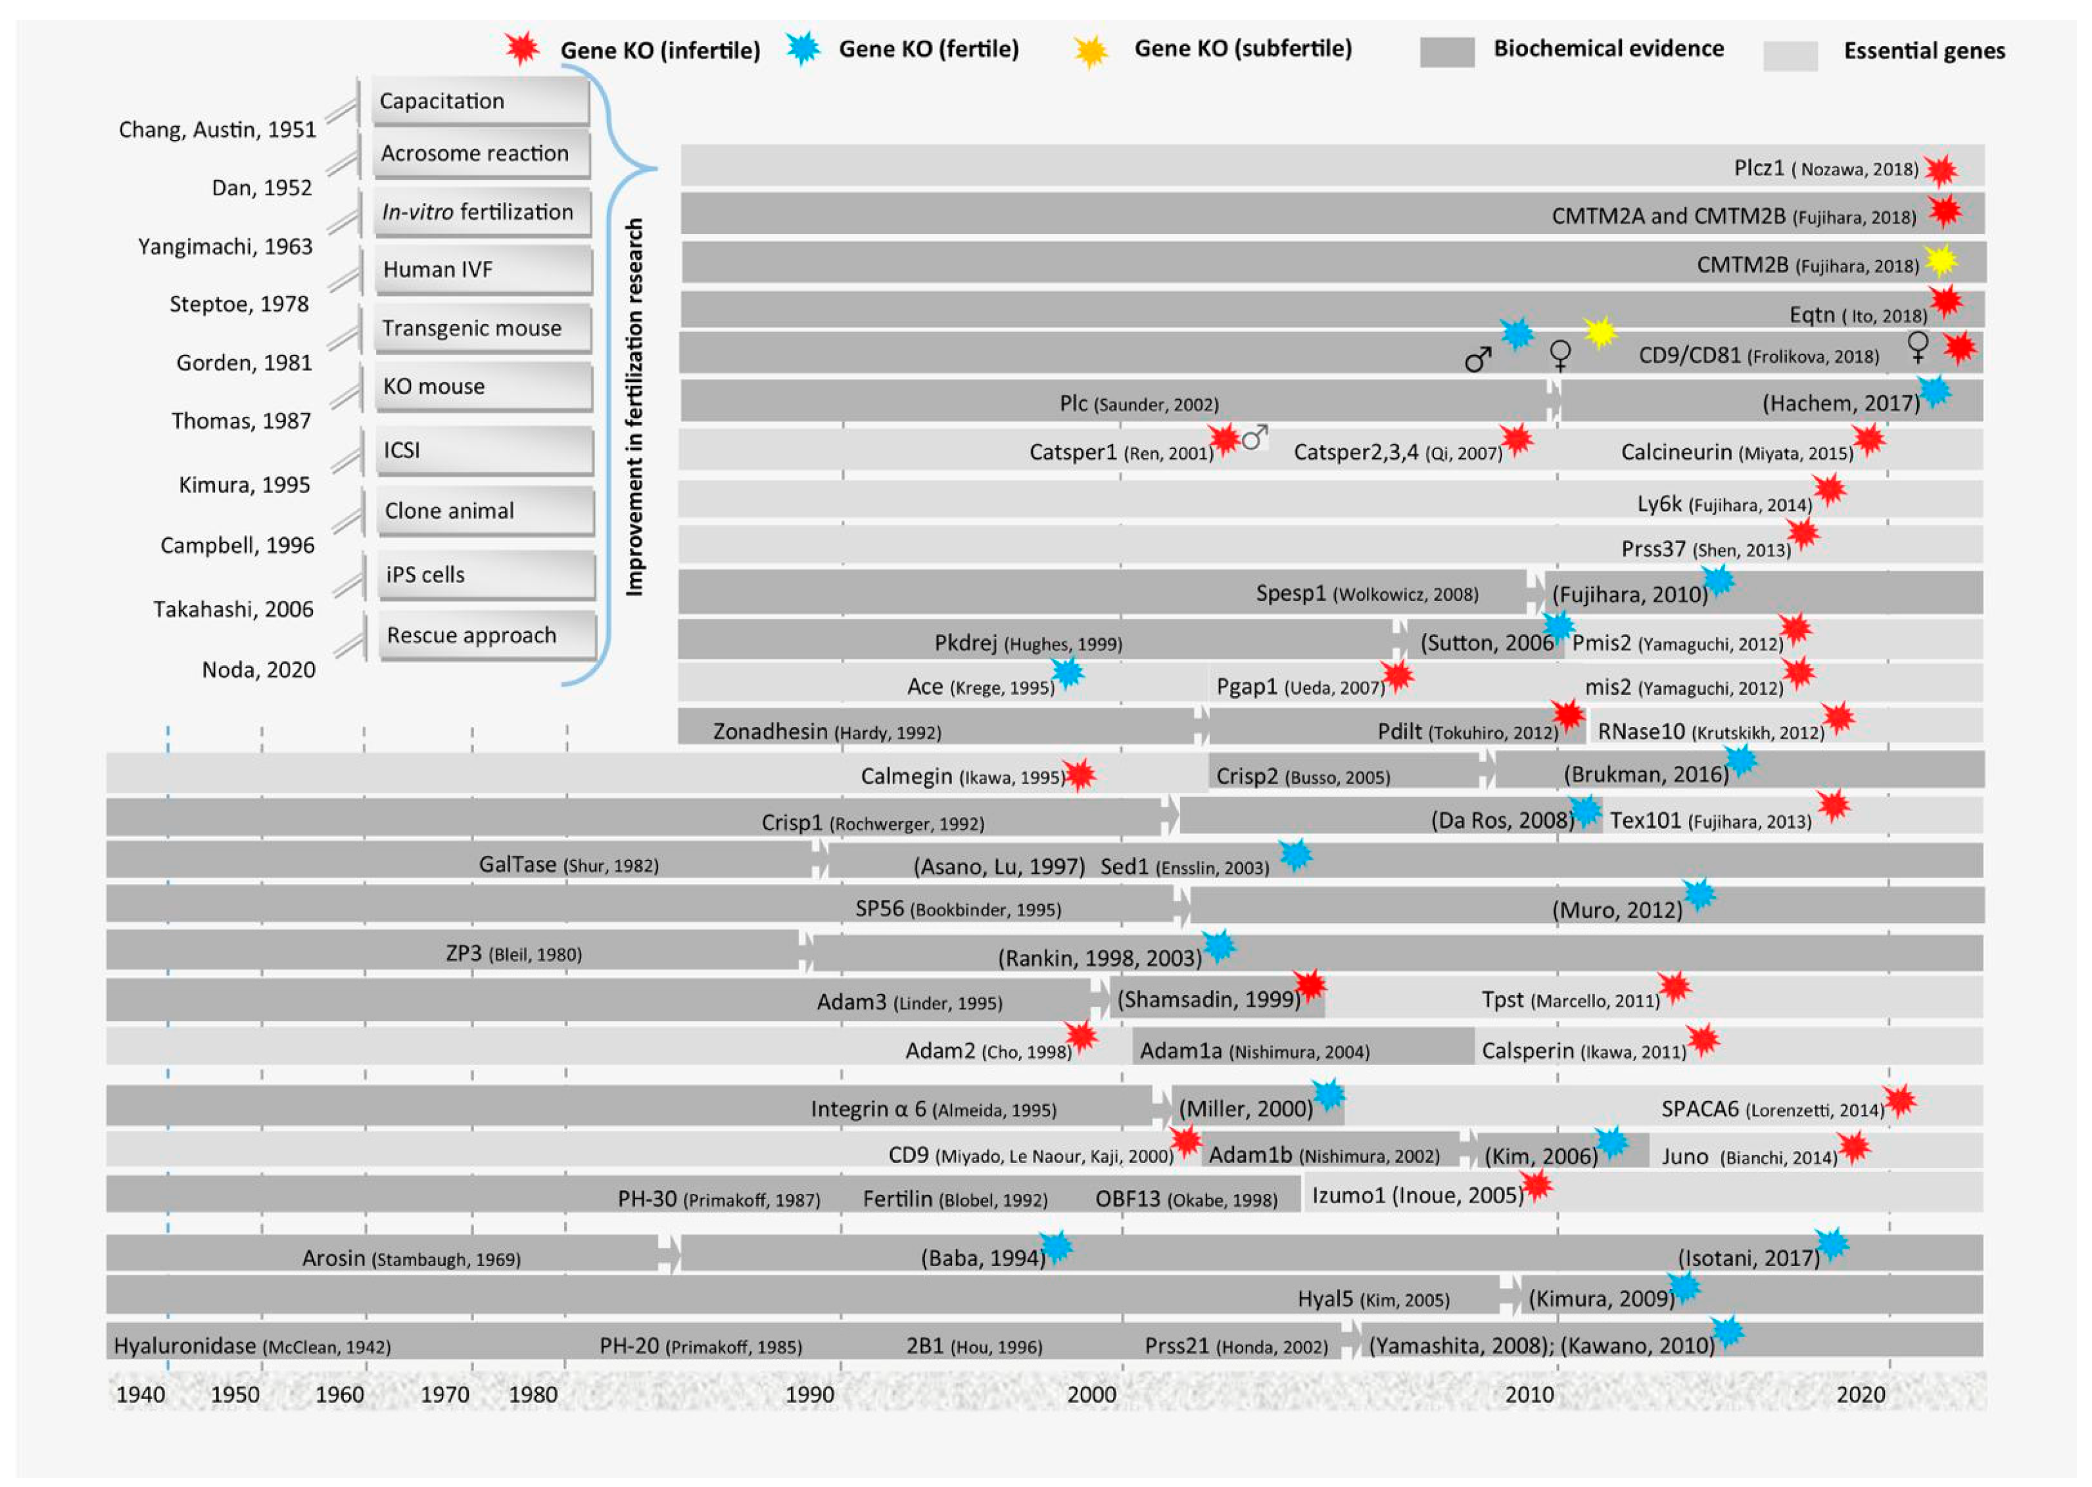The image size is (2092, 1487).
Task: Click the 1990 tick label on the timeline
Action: (x=809, y=1394)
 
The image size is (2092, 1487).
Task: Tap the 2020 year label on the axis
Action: (x=1861, y=1394)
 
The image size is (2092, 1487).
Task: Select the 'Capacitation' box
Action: (x=480, y=101)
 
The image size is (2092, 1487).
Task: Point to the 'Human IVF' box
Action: (x=483, y=270)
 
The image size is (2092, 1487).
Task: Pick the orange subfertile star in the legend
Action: (x=1091, y=51)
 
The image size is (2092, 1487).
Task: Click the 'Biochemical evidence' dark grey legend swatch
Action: (x=1446, y=51)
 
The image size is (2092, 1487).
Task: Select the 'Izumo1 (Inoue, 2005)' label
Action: (x=1416, y=1195)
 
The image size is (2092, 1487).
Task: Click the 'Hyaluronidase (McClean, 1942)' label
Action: (x=252, y=1346)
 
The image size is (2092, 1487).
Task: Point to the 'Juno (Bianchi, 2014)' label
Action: (x=1749, y=1156)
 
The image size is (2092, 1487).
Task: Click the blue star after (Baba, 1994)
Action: (x=1056, y=1247)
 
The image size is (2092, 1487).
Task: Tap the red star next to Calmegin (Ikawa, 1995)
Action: (x=1080, y=774)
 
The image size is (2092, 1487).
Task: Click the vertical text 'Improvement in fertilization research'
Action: (x=634, y=408)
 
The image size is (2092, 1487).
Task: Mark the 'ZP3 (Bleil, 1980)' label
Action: (x=513, y=954)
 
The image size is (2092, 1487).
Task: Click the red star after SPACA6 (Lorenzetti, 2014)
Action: (x=1900, y=1100)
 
